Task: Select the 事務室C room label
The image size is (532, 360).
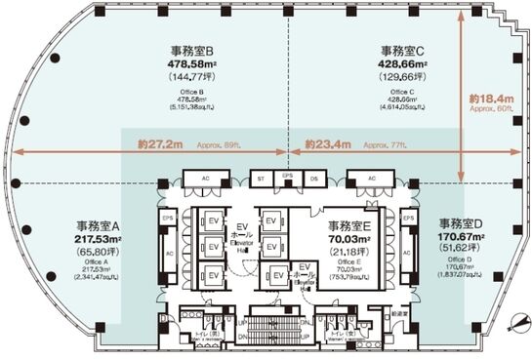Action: tap(407, 51)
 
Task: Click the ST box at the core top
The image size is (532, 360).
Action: tap(261, 180)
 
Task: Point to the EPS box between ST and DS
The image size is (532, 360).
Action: tap(286, 177)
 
